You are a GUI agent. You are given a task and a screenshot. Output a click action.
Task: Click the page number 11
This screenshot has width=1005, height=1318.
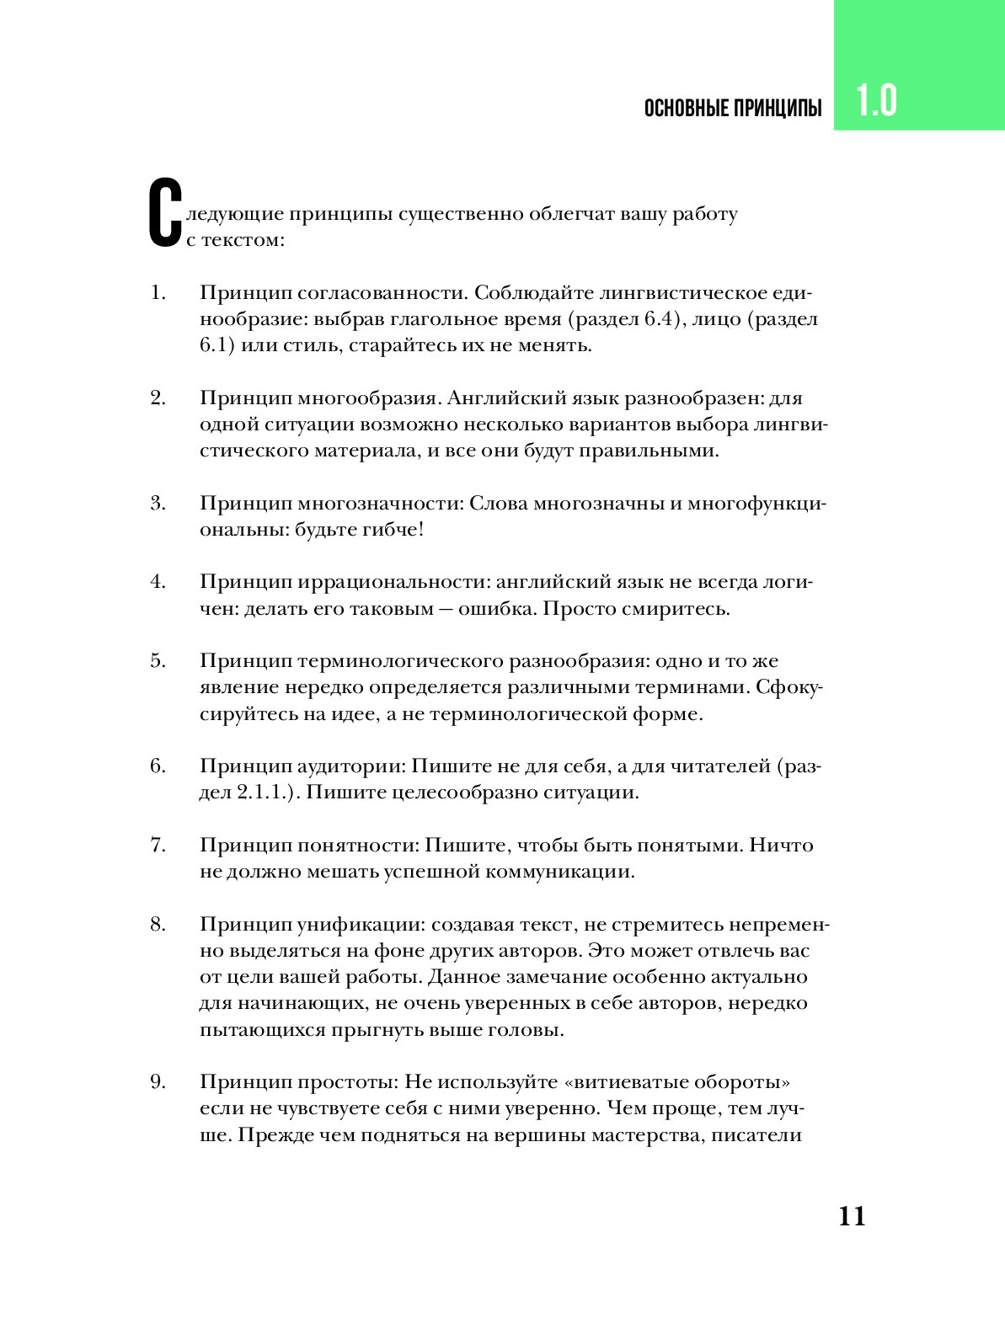852,1216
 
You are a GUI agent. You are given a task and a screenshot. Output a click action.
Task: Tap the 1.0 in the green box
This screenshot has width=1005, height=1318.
877,100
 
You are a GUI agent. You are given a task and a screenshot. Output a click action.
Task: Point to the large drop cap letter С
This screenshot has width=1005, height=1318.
165,213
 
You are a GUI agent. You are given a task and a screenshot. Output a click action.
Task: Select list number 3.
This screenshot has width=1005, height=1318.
158,504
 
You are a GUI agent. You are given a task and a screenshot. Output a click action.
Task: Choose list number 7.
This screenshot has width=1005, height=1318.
158,846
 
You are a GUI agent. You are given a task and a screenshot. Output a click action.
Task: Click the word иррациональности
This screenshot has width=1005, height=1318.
393,582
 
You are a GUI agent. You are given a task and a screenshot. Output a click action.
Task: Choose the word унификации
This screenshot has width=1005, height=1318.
363,925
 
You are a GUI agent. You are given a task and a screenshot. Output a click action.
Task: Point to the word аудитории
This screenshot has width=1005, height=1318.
353,766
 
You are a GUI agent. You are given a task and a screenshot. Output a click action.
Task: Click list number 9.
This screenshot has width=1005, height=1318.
158,1082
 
